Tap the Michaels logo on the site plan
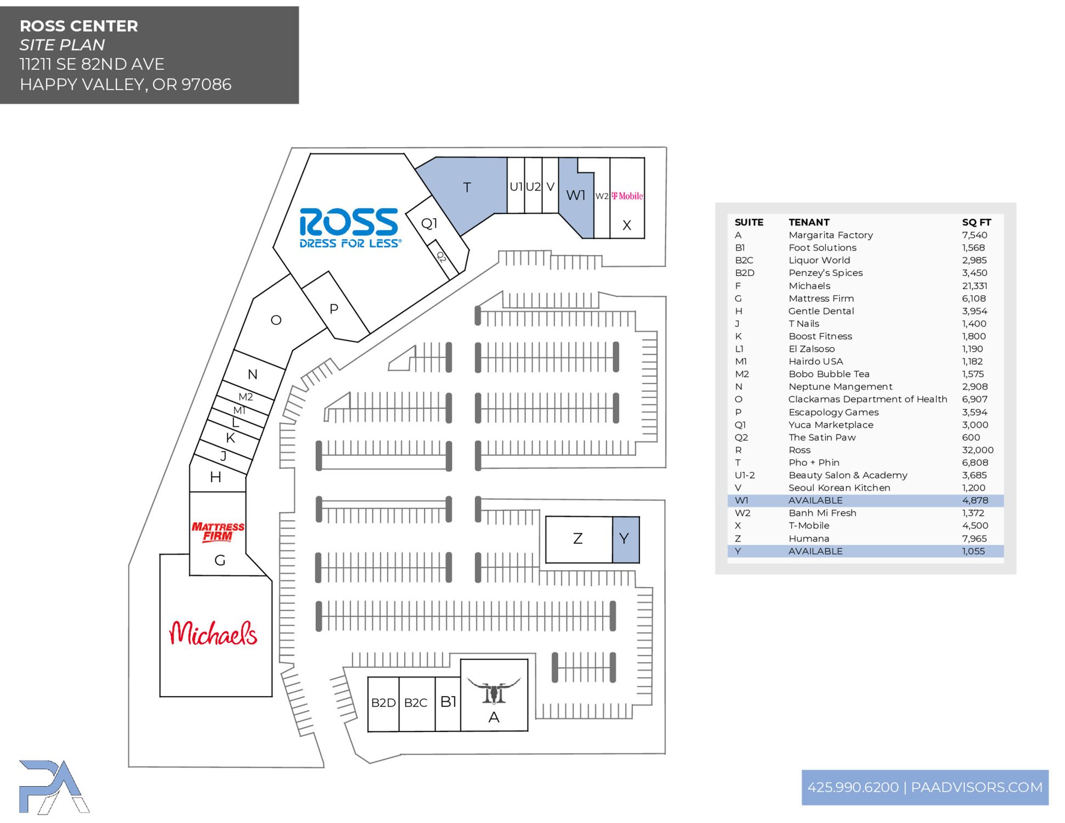pyautogui.click(x=213, y=634)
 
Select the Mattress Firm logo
pyautogui.click(x=218, y=531)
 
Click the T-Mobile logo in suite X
pyautogui.click(x=627, y=196)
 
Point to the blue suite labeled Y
pyautogui.click(x=625, y=539)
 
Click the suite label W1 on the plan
pyautogui.click(x=575, y=195)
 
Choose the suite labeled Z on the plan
pyautogui.click(x=577, y=539)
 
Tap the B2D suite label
pyautogui.click(x=383, y=703)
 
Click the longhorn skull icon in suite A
pyautogui.click(x=494, y=691)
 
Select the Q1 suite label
pyautogui.click(x=429, y=223)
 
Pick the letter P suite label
pyautogui.click(x=333, y=309)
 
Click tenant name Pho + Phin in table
pyautogui.click(x=814, y=463)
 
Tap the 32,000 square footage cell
pyautogui.click(x=977, y=450)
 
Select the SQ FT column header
pyautogui.click(x=976, y=222)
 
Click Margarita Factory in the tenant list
pyautogui.click(x=830, y=235)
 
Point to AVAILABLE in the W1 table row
pyautogui.click(x=815, y=500)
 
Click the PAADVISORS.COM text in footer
pyautogui.click(x=976, y=787)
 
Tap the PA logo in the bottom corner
pyautogui.click(x=53, y=787)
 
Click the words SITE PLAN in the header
pyautogui.click(x=62, y=45)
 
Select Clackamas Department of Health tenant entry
pyautogui.click(x=867, y=399)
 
